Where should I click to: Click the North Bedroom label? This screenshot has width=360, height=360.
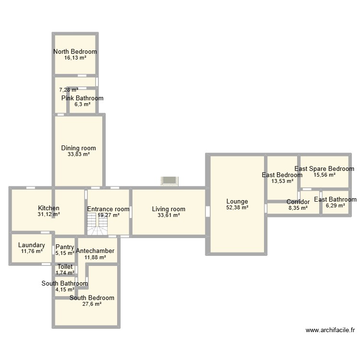point(75,51)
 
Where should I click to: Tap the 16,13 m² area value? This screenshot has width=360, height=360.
point(75,58)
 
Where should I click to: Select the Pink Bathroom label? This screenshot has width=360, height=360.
point(82,98)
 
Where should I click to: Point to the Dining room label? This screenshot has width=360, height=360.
point(78,148)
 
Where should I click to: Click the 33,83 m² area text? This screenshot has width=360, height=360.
point(78,155)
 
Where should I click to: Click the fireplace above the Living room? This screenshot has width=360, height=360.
point(169,180)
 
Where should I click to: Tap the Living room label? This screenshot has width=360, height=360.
point(168,209)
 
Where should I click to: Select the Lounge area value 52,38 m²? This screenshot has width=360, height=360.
point(238,208)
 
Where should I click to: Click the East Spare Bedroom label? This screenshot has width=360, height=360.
point(324,169)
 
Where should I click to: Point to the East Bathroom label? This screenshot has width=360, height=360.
point(335,200)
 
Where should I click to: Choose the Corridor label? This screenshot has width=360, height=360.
point(298,202)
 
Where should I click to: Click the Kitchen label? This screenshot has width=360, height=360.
point(49,208)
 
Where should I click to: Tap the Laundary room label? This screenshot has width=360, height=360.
point(32,245)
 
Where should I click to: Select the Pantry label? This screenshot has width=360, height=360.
point(65,247)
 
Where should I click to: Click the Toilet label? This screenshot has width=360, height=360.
point(65,267)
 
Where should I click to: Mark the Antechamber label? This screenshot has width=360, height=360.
point(95,251)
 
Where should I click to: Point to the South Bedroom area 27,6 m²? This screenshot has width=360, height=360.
point(92,304)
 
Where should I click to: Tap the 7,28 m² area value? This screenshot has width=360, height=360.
point(69,90)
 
